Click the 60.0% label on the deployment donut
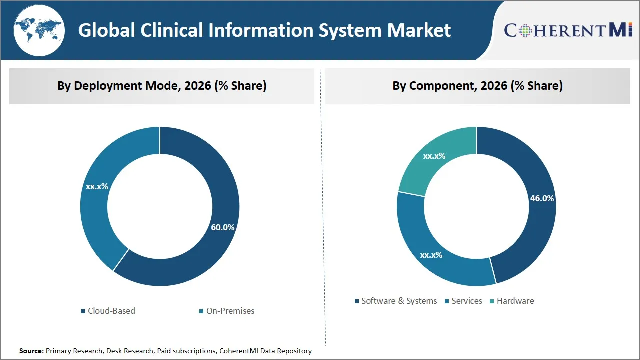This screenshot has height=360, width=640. pos(222,227)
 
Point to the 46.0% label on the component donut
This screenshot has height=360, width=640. pos(542,198)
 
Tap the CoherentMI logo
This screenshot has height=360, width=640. pos(568,30)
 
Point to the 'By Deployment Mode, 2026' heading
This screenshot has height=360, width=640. pos(161,86)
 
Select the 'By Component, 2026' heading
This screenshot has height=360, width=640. pos(477,86)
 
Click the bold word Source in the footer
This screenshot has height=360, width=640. pos(31,351)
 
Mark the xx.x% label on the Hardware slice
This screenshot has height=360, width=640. pos(434,156)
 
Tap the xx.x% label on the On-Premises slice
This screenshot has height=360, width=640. pos(97,186)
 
